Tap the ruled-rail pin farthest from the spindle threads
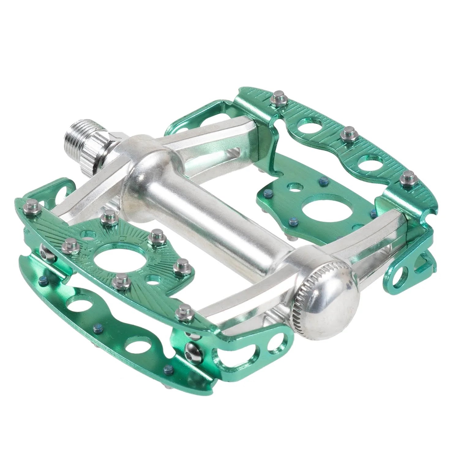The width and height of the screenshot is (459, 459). click(407, 177)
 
